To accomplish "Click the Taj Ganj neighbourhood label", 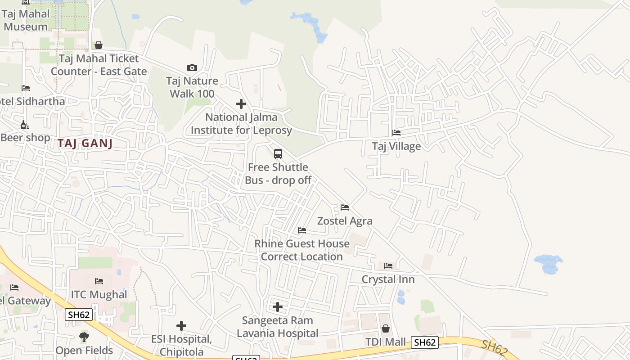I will [85, 144].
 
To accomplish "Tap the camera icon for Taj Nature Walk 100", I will [192, 68].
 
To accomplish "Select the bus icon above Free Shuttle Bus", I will [278, 154].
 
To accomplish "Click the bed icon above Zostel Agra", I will [345, 207].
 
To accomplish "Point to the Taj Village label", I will [396, 146].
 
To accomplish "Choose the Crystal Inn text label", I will [388, 279].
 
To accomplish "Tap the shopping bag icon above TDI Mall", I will [386, 329].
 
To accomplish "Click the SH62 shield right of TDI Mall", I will [424, 342].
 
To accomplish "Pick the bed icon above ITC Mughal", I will [99, 282].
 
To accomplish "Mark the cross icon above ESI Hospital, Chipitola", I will [181, 325].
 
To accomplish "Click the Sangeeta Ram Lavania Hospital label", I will [278, 327].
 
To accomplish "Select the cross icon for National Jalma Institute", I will [241, 104].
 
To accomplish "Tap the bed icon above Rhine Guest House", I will [302, 230].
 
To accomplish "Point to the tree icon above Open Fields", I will [84, 337].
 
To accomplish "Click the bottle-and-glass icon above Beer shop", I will [25, 125].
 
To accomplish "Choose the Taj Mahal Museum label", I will [26, 20].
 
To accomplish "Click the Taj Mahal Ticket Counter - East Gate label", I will [99, 65].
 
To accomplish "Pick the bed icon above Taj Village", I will [396, 133].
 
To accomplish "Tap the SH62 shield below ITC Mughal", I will [79, 315].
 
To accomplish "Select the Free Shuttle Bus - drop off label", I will [278, 174].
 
